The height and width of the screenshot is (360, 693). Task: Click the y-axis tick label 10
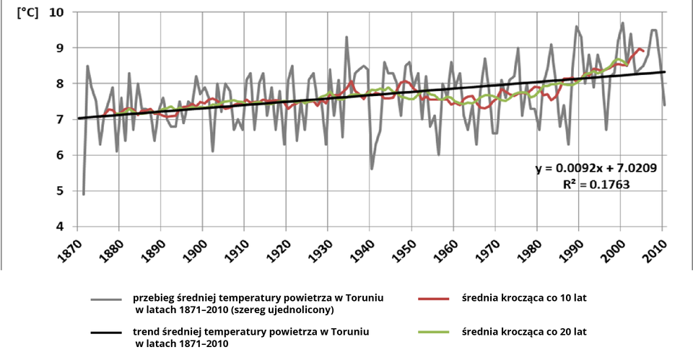pyautogui.click(x=56, y=12)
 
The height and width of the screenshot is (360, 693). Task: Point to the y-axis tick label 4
pyautogui.click(x=58, y=227)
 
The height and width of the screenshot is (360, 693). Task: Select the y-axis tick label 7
pyautogui.click(x=58, y=119)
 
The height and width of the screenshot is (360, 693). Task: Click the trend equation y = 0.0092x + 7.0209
pyautogui.click(x=596, y=169)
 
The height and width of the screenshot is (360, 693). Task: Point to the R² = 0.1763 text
pyautogui.click(x=596, y=184)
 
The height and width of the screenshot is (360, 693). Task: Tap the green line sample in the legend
pyautogui.click(x=433, y=332)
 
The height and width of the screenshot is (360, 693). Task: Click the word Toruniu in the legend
pyautogui.click(x=364, y=297)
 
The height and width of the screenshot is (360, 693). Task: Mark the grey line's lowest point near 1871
pyautogui.click(x=84, y=194)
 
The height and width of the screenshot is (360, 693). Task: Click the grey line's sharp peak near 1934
pyautogui.click(x=346, y=37)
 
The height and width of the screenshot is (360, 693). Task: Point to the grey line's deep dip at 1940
pyautogui.click(x=372, y=169)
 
